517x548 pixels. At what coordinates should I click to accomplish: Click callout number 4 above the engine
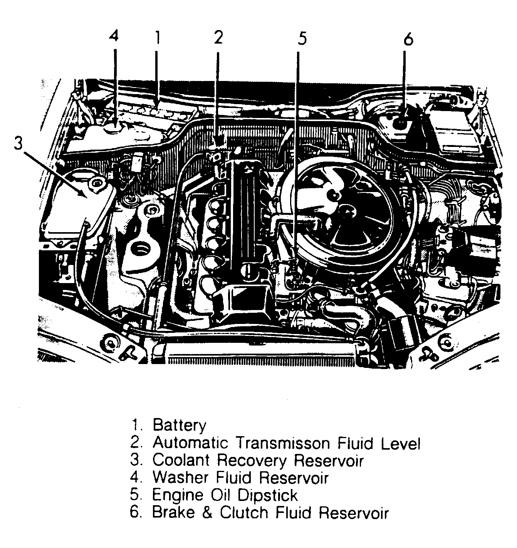tap(114, 37)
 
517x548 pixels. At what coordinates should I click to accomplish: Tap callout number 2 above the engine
tap(218, 37)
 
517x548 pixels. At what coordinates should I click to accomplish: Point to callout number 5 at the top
tap(302, 39)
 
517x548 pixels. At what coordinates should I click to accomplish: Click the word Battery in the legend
tap(179, 425)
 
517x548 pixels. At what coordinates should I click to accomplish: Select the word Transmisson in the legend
tap(283, 443)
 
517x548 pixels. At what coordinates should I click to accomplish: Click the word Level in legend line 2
tap(401, 443)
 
